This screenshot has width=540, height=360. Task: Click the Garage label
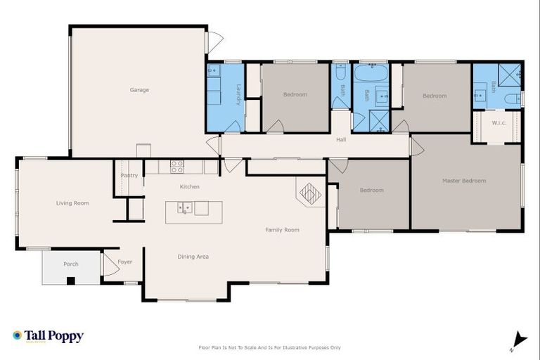tap(139, 90)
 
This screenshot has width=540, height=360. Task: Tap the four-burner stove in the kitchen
tap(176, 167)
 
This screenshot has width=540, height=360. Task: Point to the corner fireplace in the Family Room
tap(310, 191)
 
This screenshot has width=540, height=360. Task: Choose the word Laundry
tap(239, 95)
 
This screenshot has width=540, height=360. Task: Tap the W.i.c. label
tap(499, 123)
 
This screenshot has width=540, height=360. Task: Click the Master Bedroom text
tap(464, 181)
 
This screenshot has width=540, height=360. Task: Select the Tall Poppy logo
tap(48, 336)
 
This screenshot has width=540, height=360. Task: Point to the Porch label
tap(71, 264)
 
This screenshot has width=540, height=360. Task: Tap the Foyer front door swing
tap(110, 264)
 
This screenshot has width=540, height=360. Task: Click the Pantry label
tap(129, 175)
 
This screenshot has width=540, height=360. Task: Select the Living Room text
tap(72, 203)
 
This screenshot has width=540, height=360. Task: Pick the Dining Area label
tap(193, 257)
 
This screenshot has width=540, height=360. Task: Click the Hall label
tap(341, 139)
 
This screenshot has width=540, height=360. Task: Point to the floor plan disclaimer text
tap(271, 347)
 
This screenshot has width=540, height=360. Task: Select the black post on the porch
tap(70, 281)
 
